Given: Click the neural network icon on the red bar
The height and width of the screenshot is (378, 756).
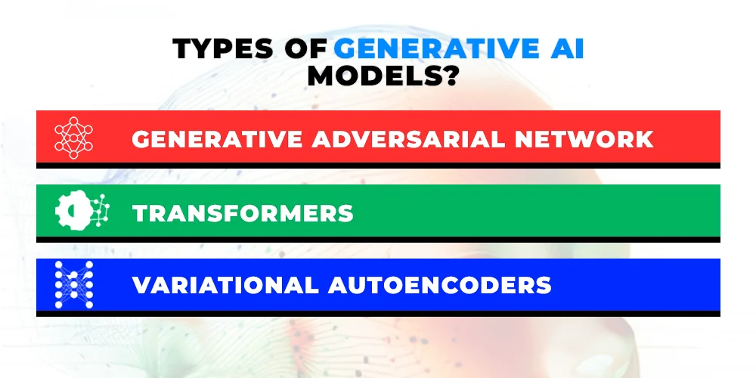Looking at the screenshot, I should coord(73,138).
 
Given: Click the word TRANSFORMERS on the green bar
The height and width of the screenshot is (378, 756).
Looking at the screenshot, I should coord(243,213).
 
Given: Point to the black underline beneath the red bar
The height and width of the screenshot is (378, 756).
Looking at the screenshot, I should coord(378,165).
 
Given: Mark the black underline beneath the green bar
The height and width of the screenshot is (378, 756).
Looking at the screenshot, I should coord(378,239).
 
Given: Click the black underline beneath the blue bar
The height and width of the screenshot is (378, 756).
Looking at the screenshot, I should coord(378,313).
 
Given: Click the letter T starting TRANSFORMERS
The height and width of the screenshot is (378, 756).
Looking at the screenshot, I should coord(140,213).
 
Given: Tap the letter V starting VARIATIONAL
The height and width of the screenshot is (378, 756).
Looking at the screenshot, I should coord(141,286).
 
